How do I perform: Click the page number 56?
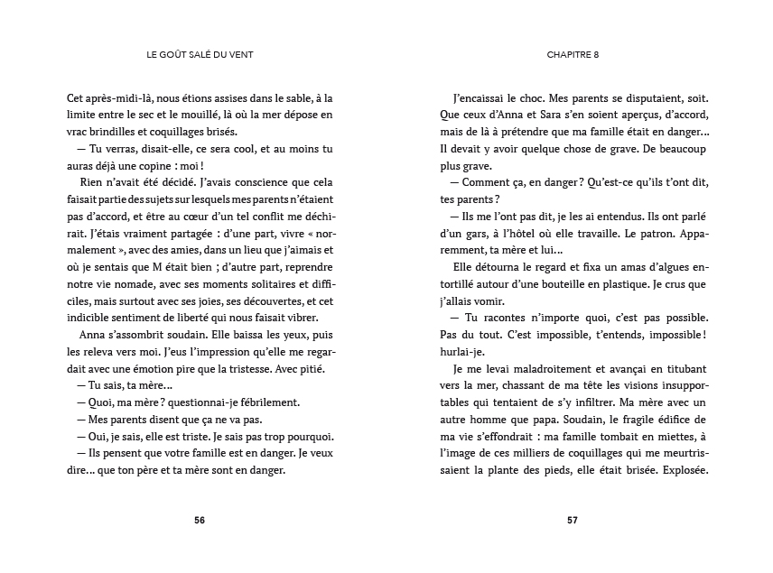(x=200, y=520)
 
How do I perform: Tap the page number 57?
(x=573, y=520)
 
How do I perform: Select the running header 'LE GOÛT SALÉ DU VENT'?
(x=200, y=53)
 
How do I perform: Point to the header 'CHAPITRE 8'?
(x=573, y=53)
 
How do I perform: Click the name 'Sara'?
(x=558, y=115)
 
